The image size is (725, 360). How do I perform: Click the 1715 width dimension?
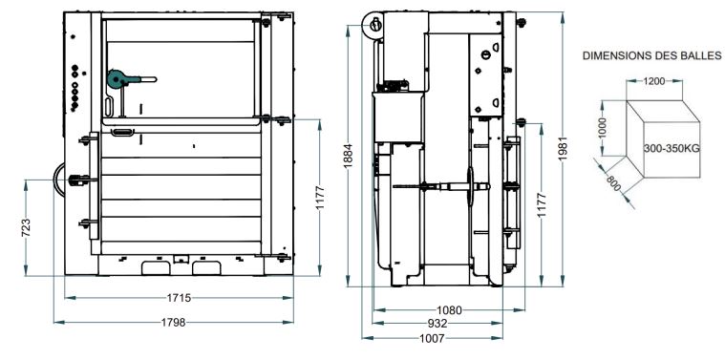[179, 298]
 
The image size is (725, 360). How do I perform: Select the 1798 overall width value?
[173, 322]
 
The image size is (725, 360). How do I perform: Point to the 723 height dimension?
[26, 228]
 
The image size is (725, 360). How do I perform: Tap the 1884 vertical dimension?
[349, 157]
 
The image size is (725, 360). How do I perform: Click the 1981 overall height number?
[563, 149]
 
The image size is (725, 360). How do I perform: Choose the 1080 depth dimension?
[449, 310]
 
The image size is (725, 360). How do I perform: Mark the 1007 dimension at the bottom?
[432, 338]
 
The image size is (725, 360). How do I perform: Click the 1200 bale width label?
[653, 81]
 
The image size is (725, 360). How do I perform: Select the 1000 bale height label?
[602, 128]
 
